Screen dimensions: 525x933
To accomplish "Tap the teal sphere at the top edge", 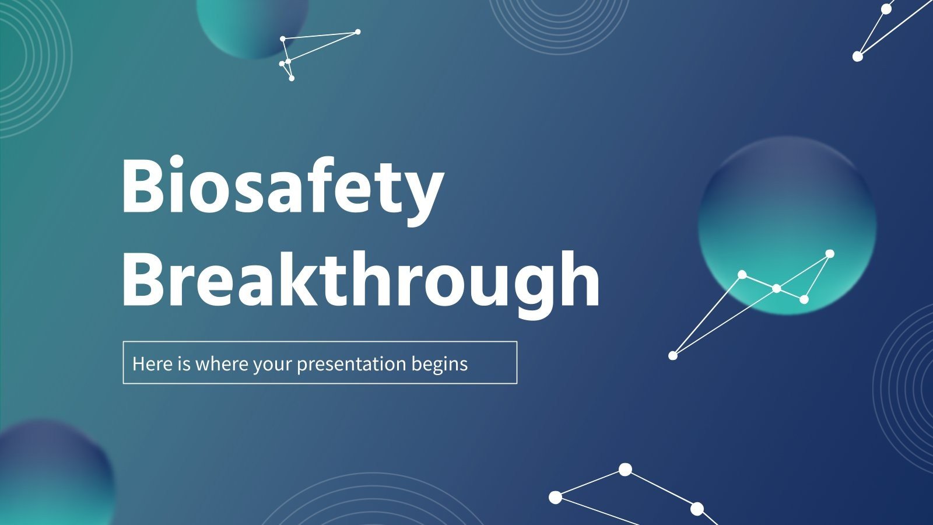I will click(252, 23).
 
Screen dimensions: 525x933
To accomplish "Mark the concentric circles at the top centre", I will click(559, 17).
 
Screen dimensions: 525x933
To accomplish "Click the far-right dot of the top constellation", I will click(357, 32).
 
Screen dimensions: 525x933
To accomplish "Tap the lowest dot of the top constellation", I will click(292, 78).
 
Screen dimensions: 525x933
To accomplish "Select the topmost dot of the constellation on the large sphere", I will click(830, 254).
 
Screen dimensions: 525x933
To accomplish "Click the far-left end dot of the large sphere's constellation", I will click(673, 355).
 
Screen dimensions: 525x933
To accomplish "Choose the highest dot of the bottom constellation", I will click(625, 469).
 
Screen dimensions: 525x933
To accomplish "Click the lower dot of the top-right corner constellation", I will click(857, 57).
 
